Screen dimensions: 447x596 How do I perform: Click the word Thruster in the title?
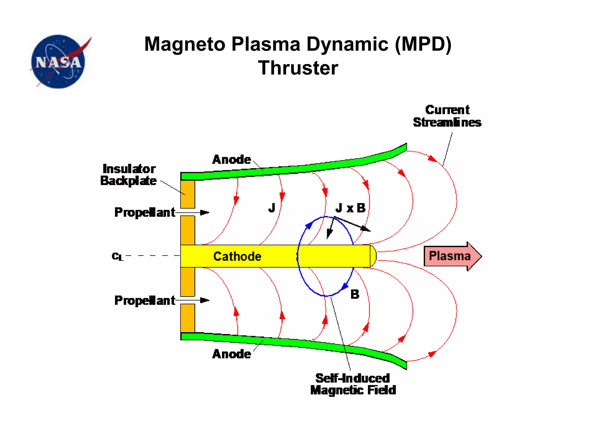click(x=298, y=68)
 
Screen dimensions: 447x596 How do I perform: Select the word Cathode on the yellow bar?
click(x=237, y=256)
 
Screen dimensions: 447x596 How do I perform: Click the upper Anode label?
click(x=231, y=159)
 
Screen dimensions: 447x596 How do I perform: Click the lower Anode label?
click(x=231, y=354)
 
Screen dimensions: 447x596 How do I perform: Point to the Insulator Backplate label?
click(x=128, y=175)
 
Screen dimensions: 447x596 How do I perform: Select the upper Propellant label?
click(x=145, y=212)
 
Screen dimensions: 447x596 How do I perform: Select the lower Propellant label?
click(x=145, y=300)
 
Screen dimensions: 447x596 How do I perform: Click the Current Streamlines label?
click(x=447, y=116)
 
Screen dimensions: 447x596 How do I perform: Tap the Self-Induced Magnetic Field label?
click(x=353, y=384)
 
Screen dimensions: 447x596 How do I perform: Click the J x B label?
click(x=350, y=208)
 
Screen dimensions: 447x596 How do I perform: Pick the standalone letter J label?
click(x=272, y=208)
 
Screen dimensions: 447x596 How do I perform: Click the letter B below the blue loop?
click(x=355, y=294)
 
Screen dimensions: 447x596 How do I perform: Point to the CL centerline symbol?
click(x=118, y=256)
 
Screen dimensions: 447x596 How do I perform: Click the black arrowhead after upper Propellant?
click(x=205, y=212)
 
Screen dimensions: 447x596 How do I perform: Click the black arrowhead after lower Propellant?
click(x=205, y=300)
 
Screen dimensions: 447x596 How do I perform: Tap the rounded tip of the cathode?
click(x=373, y=256)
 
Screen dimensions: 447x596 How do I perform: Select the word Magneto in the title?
click(x=185, y=44)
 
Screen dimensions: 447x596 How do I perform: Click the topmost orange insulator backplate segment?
click(x=188, y=194)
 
